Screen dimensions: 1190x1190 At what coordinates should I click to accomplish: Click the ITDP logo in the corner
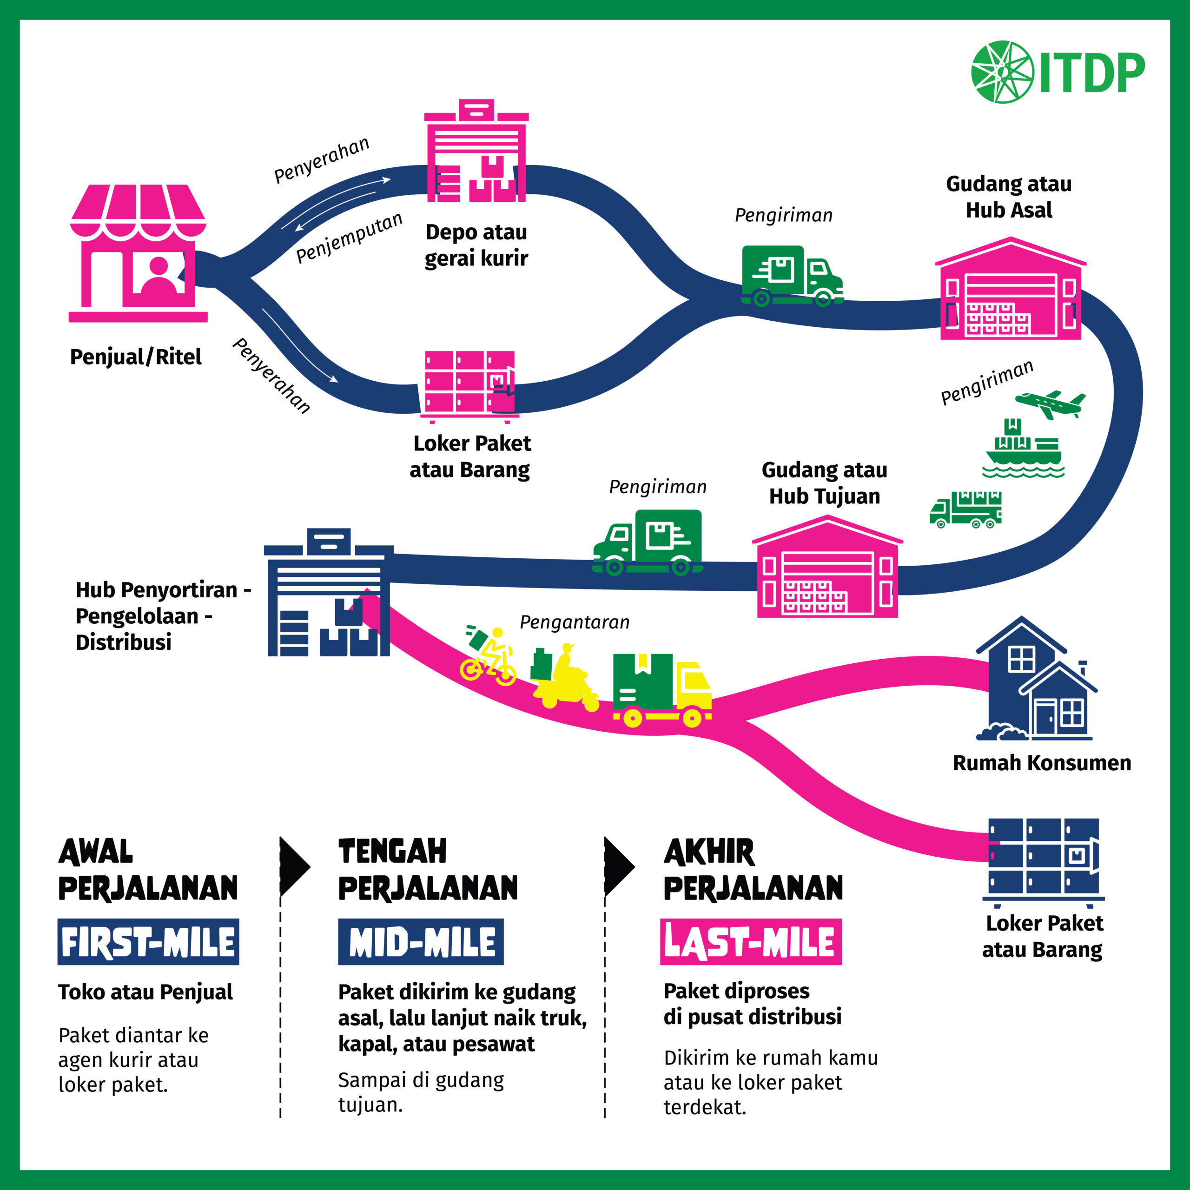point(1057,72)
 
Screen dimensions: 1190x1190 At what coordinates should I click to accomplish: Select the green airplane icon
point(1050,404)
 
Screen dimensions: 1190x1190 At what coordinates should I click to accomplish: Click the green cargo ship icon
point(1023,449)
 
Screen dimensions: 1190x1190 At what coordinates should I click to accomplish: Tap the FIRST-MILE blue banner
point(148,942)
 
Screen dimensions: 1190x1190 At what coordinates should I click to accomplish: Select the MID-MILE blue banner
point(421,942)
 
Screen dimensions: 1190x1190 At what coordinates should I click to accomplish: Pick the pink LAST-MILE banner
point(750,942)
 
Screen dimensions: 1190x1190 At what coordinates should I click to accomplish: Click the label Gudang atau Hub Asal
point(1008,197)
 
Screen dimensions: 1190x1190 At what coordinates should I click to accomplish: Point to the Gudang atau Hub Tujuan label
point(824,483)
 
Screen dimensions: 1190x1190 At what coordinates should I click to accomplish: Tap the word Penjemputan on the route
point(349,238)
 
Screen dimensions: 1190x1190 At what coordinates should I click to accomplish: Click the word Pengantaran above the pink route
point(574,622)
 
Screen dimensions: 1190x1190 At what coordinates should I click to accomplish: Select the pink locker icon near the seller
point(469,385)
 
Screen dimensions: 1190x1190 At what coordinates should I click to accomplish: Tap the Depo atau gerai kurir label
point(476,245)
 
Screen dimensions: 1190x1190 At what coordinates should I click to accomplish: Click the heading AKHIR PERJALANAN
point(753,870)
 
